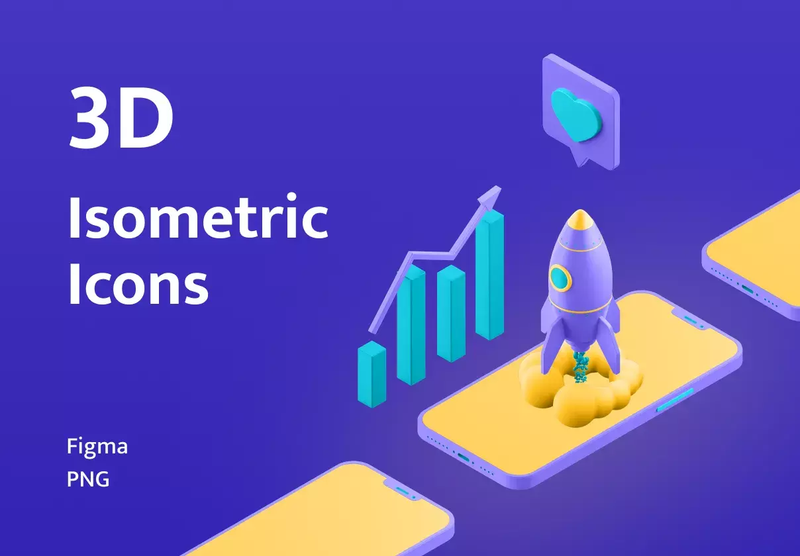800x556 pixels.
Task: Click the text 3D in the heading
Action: tap(121, 117)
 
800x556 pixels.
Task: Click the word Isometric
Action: tap(198, 216)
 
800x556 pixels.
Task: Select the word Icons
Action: tap(138, 284)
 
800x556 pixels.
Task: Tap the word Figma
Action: tap(97, 447)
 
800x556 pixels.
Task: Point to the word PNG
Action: tap(88, 479)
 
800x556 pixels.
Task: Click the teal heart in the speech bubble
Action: tap(575, 115)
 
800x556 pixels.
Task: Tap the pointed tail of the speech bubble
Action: tap(579, 159)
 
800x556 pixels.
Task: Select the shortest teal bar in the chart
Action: tap(372, 374)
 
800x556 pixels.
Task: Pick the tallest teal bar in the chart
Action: tap(490, 275)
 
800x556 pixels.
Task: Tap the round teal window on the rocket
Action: tap(560, 278)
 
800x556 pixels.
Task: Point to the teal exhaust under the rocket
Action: tap(580, 366)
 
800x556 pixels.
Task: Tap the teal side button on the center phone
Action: tap(675, 400)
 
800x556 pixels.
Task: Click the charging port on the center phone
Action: tap(463, 457)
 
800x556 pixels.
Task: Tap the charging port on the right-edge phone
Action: tap(748, 289)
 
